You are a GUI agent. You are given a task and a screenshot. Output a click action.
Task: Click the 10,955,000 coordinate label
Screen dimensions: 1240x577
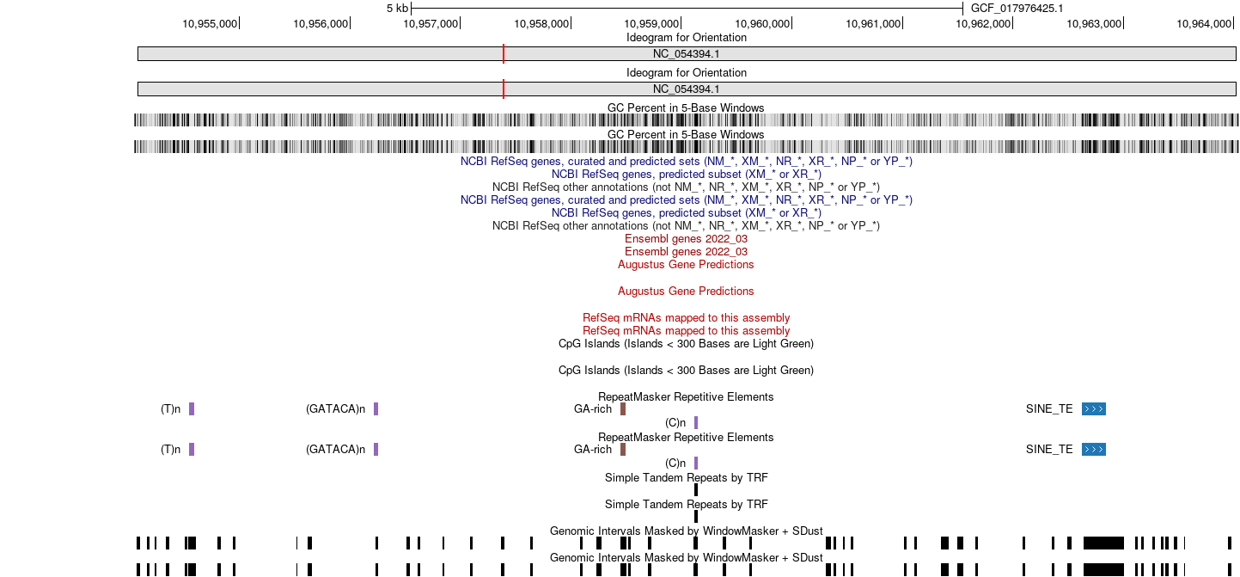[x=210, y=24]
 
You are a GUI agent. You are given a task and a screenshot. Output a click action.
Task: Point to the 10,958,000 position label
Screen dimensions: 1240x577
[x=541, y=24]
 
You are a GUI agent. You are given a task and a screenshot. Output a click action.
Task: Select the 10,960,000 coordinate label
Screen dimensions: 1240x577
[x=762, y=24]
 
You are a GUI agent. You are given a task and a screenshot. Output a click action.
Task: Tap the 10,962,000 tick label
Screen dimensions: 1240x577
[x=983, y=24]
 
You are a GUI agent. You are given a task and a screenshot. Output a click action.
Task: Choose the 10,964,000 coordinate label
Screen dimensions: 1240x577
[x=1204, y=24]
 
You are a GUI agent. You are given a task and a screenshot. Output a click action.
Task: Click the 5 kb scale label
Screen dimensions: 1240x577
[x=398, y=9]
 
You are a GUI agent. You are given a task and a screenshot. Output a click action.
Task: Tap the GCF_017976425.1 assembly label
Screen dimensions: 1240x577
[x=1017, y=9]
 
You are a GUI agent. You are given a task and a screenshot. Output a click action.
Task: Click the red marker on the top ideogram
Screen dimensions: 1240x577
[x=504, y=53]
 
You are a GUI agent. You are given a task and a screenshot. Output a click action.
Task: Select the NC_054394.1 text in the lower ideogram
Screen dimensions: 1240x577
[x=686, y=89]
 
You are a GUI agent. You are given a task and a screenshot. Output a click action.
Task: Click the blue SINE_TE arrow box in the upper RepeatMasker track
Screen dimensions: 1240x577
[x=1094, y=408]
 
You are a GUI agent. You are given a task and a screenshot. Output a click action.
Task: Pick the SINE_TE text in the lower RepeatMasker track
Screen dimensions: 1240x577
[x=1049, y=449]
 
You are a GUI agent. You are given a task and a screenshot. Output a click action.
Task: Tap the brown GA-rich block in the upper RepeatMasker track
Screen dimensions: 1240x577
[x=623, y=408]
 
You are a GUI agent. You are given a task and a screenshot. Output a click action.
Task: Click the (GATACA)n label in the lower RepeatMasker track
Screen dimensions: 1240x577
[x=335, y=449]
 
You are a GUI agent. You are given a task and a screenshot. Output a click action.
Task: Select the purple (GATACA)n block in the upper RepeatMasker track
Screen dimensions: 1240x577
[x=376, y=408]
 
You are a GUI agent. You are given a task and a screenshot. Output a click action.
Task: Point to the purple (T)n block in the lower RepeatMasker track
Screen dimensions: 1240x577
[x=192, y=449]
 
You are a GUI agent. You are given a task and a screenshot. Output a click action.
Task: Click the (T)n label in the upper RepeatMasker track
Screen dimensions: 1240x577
[x=170, y=409]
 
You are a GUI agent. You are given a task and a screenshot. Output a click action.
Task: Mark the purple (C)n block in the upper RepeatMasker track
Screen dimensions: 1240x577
[x=696, y=422]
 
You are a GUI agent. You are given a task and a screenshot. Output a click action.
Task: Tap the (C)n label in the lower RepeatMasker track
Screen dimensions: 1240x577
[x=675, y=463]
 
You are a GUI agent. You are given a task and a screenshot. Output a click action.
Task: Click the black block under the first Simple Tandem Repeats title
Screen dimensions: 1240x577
[x=696, y=490]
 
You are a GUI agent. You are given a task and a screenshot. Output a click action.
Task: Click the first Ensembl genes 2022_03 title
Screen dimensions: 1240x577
[x=686, y=239]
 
